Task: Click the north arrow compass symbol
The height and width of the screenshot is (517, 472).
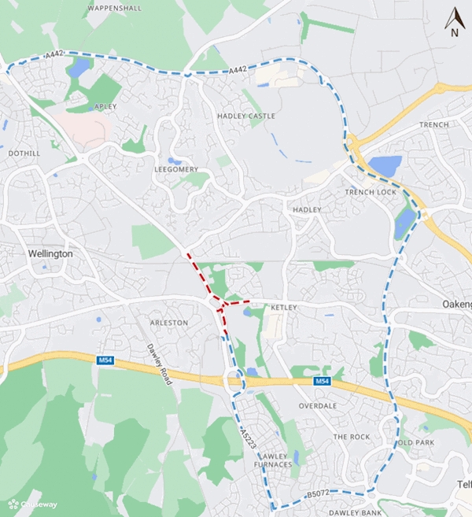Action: pyautogui.click(x=454, y=22)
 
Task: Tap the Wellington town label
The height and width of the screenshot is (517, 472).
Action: pyautogui.click(x=50, y=254)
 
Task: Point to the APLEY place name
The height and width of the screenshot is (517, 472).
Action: pyautogui.click(x=105, y=106)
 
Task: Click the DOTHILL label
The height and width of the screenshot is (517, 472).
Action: pyautogui.click(x=24, y=153)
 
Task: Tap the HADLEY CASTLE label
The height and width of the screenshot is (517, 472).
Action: pyautogui.click(x=246, y=116)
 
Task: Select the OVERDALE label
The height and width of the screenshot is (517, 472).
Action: pyautogui.click(x=318, y=405)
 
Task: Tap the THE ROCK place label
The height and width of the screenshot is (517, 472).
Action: pyautogui.click(x=351, y=436)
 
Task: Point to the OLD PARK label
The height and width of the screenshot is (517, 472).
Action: pyautogui.click(x=417, y=442)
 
